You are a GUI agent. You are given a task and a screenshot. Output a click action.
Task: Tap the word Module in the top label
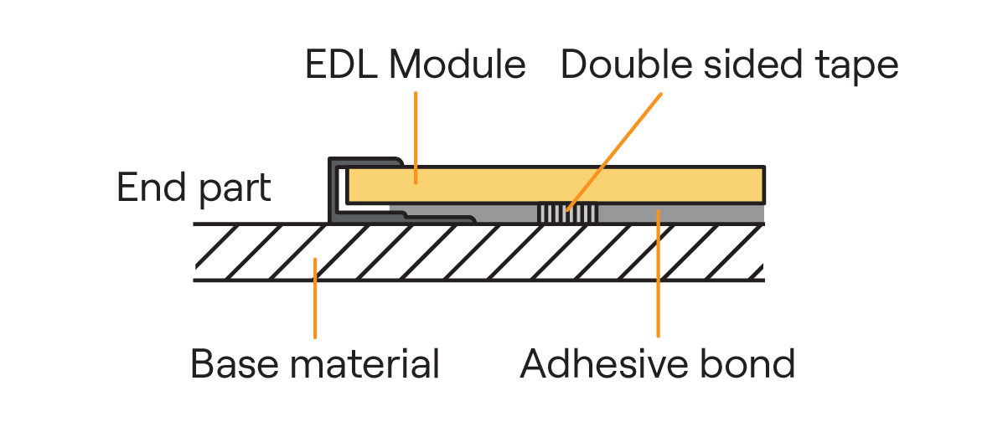pyautogui.click(x=455, y=65)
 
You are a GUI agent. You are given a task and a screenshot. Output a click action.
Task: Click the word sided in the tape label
pyautogui.click(x=738, y=65)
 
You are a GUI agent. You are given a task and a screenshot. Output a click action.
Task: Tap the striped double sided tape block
pyautogui.click(x=567, y=213)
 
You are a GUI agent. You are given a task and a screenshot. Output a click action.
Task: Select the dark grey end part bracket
pyautogui.click(x=333, y=193)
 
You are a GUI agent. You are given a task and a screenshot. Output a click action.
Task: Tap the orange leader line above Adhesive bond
pyautogui.click(x=659, y=276)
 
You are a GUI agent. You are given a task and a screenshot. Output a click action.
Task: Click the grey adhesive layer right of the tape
pyautogui.click(x=687, y=214)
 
